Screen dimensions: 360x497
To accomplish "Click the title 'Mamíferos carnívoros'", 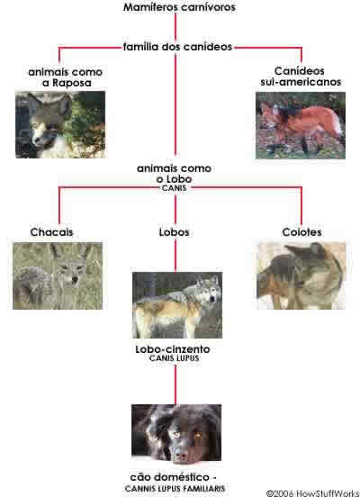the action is (x=179, y=7).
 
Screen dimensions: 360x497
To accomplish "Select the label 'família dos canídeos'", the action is (x=177, y=47).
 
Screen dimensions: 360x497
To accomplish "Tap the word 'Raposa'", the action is (x=72, y=83).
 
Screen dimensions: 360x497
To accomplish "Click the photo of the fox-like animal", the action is (x=60, y=124).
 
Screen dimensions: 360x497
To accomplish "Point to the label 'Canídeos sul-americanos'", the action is (x=301, y=77).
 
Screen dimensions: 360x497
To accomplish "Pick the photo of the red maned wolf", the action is (x=301, y=125).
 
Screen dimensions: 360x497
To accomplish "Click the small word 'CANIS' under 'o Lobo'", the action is (x=174, y=188).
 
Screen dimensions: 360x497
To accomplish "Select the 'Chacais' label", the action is (x=51, y=232).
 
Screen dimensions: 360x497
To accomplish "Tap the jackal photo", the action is (x=58, y=276).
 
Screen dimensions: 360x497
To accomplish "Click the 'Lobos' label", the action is (x=174, y=232).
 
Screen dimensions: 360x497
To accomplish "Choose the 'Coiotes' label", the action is (x=301, y=232).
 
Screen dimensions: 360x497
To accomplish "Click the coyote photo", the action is (x=301, y=276).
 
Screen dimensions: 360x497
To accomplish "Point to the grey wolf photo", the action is (x=177, y=305).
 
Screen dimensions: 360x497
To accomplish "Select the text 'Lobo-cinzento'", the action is (x=173, y=349).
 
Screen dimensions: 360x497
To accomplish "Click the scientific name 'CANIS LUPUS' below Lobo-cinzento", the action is (x=174, y=358).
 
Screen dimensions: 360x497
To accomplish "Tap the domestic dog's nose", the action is (x=180, y=456).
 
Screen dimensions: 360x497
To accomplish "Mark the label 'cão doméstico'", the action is (x=170, y=477).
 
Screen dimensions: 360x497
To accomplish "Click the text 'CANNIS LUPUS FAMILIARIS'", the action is (x=175, y=488).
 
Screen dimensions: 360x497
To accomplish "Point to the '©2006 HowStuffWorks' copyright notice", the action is (x=312, y=493).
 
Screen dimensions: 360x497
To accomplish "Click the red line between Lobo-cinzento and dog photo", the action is (x=175, y=384).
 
